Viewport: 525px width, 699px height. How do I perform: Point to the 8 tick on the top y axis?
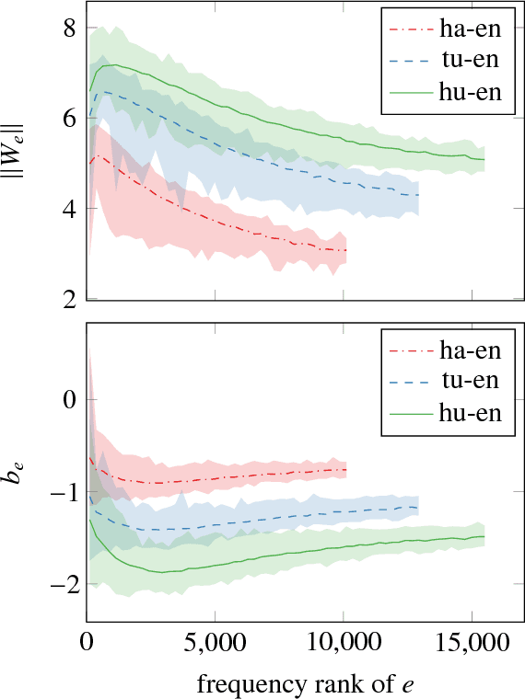click(68, 29)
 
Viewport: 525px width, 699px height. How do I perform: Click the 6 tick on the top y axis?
click(68, 119)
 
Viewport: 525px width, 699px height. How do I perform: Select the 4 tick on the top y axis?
click(68, 209)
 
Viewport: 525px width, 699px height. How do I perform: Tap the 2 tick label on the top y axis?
click(68, 299)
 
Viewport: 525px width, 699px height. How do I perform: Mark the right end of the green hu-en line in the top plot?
click(484, 160)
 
